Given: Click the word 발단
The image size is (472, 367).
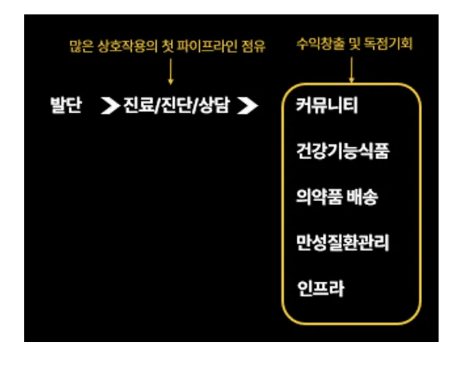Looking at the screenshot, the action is (x=66, y=106).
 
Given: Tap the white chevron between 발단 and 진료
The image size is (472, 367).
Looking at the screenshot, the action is (x=109, y=106).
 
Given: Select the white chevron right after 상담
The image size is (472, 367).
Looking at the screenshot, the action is (x=247, y=106).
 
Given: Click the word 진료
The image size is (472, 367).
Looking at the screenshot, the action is (x=138, y=106).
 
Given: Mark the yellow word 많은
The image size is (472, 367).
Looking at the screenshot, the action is (x=79, y=47).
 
